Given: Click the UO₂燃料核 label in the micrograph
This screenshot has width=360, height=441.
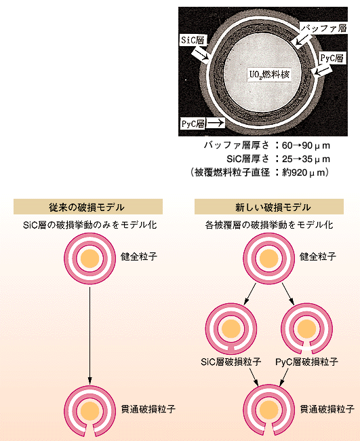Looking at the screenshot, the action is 269,75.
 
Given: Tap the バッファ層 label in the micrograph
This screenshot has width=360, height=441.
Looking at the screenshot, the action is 324,28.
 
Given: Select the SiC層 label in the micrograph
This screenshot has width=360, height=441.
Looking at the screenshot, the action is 193,40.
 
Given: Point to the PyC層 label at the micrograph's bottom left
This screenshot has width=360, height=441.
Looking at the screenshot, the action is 193,123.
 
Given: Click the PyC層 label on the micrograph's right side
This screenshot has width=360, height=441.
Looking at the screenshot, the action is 332,58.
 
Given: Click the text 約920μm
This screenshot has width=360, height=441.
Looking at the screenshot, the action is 302,172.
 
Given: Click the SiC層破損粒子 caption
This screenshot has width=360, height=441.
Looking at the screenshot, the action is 231,362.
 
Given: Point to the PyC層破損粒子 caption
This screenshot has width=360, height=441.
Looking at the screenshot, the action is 306,362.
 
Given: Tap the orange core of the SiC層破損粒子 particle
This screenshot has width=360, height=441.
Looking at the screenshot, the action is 231,328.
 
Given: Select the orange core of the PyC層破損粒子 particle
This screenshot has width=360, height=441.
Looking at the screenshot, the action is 306,328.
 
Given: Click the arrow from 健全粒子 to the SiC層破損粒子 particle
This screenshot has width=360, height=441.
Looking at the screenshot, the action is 250,294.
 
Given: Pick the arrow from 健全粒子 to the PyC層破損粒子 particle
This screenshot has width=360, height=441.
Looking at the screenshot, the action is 288,294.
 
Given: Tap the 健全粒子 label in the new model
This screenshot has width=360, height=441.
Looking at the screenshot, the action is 318,256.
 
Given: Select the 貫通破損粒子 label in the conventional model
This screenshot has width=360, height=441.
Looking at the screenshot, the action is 148,408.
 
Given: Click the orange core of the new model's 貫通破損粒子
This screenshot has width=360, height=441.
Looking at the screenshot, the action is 269,410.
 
